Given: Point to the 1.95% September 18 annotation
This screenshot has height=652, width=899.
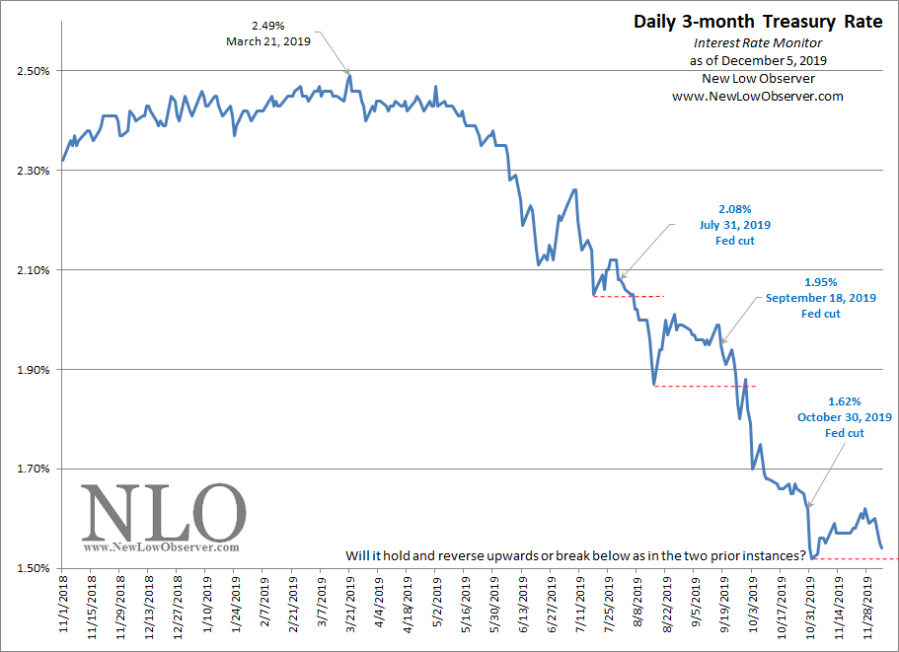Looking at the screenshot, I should pos(820,297).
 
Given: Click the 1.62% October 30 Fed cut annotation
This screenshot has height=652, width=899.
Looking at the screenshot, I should pos(844,417).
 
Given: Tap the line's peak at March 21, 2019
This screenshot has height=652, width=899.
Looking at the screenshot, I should pos(349,75).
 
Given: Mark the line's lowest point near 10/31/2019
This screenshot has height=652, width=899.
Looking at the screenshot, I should pos(811,558).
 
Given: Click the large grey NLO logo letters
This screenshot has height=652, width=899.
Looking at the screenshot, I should pos(162,512).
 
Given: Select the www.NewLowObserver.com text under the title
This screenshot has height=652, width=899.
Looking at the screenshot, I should pos(757,97).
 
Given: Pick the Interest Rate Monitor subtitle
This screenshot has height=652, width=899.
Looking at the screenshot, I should pos(757,43).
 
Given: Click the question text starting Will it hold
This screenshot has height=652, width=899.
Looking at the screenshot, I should pos(576,555).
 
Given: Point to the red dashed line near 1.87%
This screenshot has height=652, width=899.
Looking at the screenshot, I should pos(705,386).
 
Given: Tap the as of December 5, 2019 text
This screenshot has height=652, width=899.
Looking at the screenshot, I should pos(758,61).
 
